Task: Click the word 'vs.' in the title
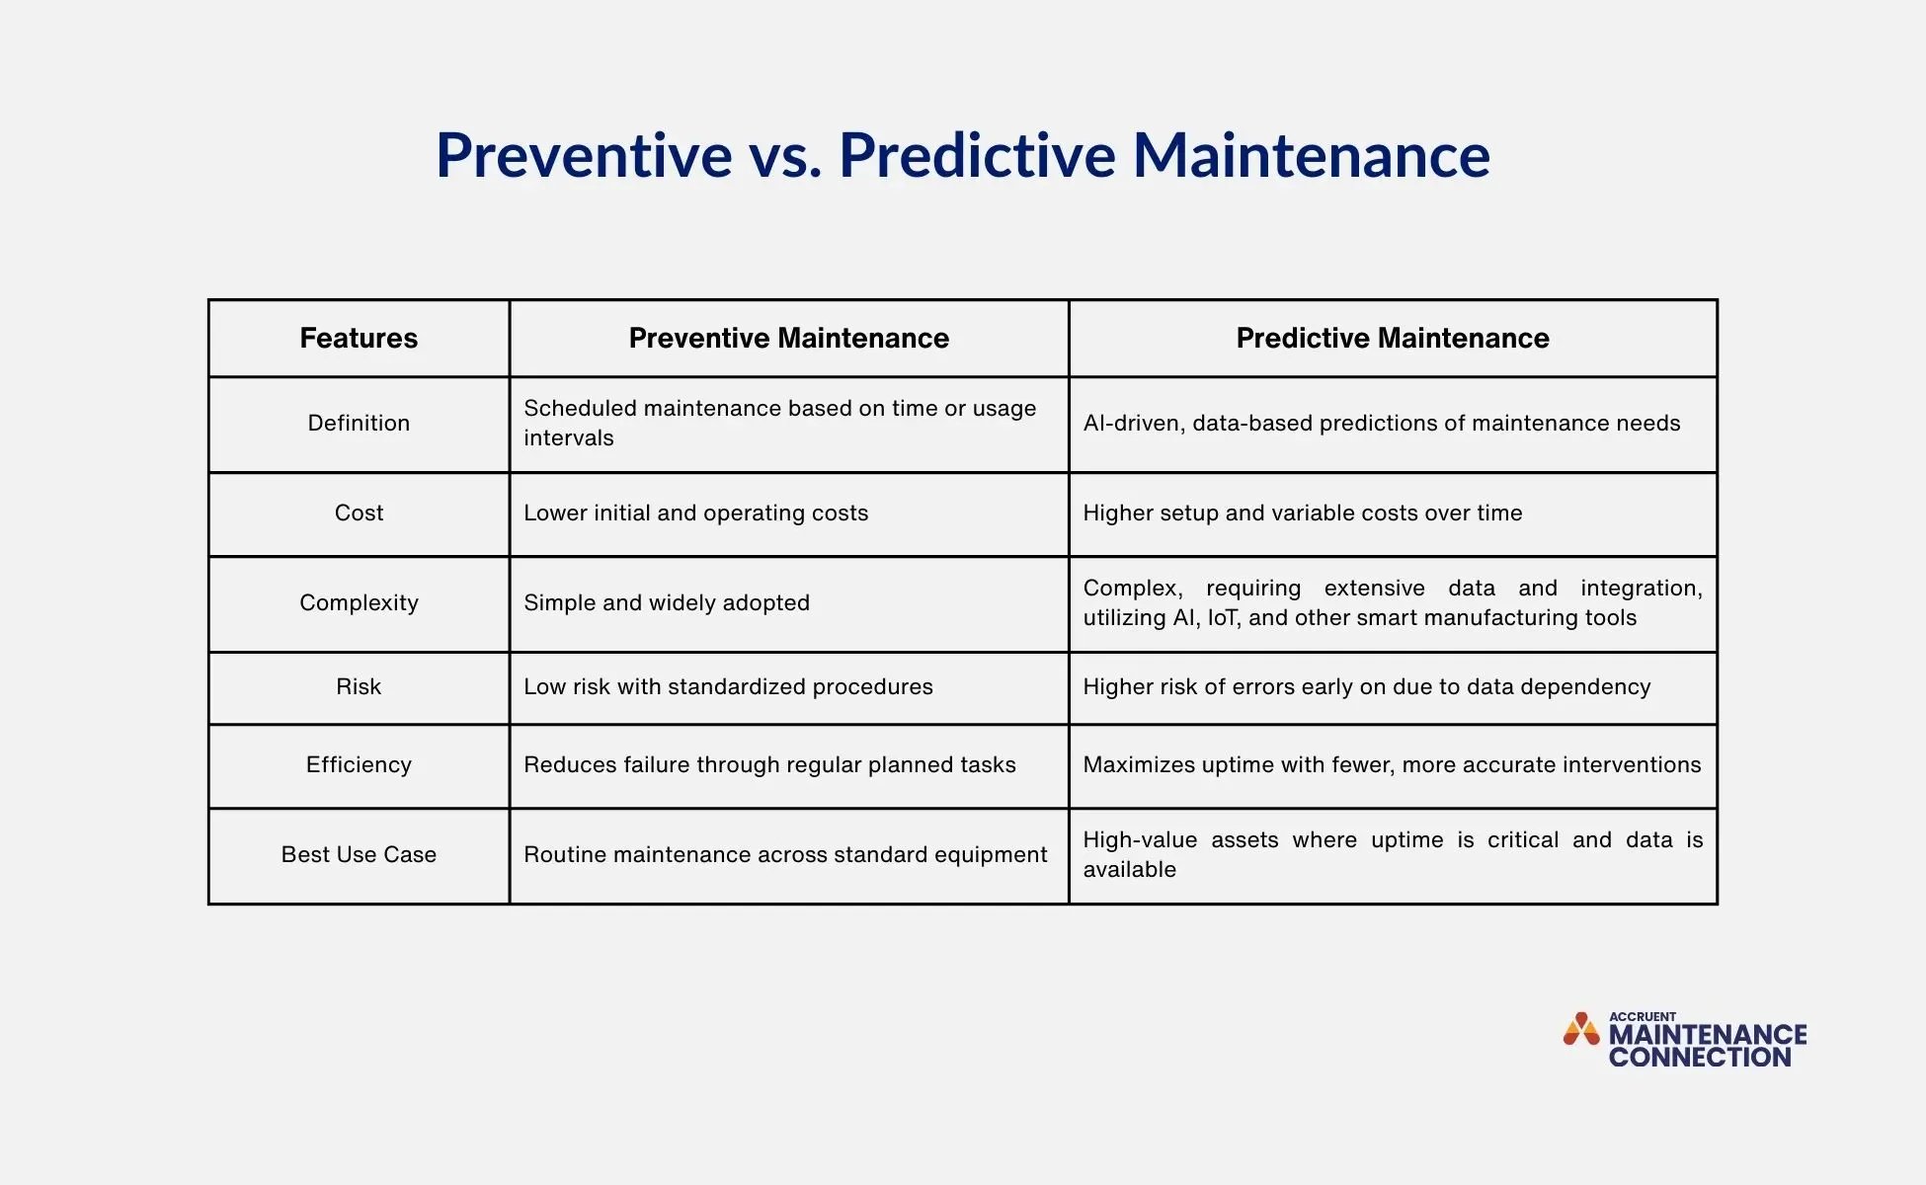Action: (x=784, y=156)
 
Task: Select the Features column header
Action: (x=359, y=339)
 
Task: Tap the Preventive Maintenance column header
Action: (x=788, y=339)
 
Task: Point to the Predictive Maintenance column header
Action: (x=1393, y=339)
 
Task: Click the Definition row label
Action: (x=359, y=424)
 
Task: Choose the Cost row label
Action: (x=359, y=513)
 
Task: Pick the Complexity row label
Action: (x=359, y=603)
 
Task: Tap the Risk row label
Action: (x=359, y=687)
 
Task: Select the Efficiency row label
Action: (x=359, y=765)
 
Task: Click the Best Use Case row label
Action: (x=359, y=855)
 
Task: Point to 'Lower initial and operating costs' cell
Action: (x=695, y=513)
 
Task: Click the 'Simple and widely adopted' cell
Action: (x=667, y=603)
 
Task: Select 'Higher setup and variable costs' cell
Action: (x=1302, y=513)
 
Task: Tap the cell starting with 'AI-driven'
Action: (x=1381, y=424)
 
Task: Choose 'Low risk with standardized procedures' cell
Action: (x=728, y=687)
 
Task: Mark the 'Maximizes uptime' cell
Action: (x=1392, y=765)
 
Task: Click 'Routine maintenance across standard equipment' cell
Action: (x=785, y=855)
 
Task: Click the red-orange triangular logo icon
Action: (x=1581, y=1030)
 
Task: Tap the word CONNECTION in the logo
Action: (x=1700, y=1058)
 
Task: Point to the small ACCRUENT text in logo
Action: (x=1643, y=1016)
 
